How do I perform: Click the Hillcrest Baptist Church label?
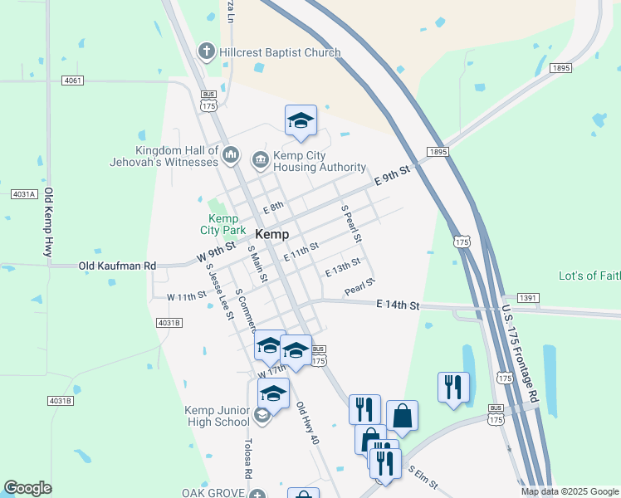280,52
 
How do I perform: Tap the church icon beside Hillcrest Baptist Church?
206,52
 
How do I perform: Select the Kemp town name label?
272,234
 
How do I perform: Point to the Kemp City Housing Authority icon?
260,158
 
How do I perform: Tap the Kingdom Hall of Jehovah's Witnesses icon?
231,155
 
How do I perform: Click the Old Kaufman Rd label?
117,266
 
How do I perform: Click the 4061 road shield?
73,81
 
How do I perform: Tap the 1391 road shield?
529,297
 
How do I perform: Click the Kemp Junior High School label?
220,416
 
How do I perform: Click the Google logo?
27,488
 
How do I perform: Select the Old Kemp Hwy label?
49,222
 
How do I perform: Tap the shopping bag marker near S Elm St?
402,417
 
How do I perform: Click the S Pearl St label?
351,222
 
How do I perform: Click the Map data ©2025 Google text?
569,491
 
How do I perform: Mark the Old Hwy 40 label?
307,423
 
